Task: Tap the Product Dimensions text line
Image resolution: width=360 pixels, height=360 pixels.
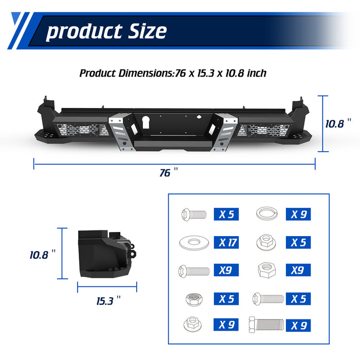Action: pyautogui.click(x=173, y=73)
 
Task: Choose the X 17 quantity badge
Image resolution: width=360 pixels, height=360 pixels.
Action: pyautogui.click(x=228, y=242)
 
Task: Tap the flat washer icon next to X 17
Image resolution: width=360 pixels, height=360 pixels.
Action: pyautogui.click(x=193, y=241)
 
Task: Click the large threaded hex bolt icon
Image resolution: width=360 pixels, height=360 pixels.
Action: pyautogui.click(x=267, y=325)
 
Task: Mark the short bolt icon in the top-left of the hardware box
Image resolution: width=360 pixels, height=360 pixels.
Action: pyautogui.click(x=193, y=214)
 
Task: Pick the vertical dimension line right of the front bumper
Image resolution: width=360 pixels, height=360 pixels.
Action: pyautogui.click(x=322, y=123)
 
